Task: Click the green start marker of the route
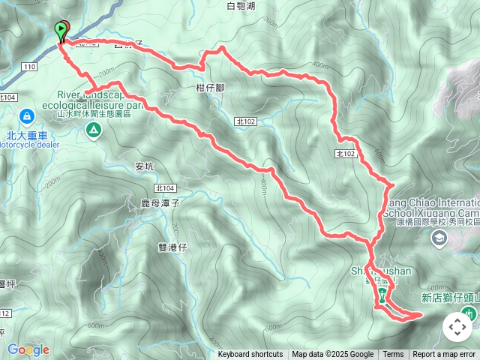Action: coord(61,30)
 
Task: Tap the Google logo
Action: coord(28,349)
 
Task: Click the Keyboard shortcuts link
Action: coord(250,355)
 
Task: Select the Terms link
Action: coord(393,355)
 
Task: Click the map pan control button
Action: coord(457,327)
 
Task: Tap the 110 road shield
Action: coord(29,67)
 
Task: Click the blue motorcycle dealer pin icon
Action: coord(27,116)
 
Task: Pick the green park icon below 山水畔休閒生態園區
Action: coord(94,132)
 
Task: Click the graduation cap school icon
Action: coord(439,238)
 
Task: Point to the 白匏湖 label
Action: coord(241,7)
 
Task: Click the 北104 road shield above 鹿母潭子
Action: coord(165,188)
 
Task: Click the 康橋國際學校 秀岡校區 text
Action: coord(438,223)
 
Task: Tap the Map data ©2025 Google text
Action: coord(333,355)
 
